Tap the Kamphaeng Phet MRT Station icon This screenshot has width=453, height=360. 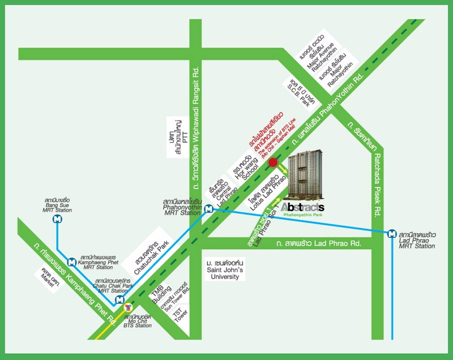tap(71, 262)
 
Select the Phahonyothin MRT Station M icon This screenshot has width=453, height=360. tap(209, 208)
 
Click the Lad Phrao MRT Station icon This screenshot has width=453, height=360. tap(392, 233)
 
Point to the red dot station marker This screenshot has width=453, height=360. tap(272, 164)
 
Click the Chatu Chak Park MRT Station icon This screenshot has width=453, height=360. tap(119, 299)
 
